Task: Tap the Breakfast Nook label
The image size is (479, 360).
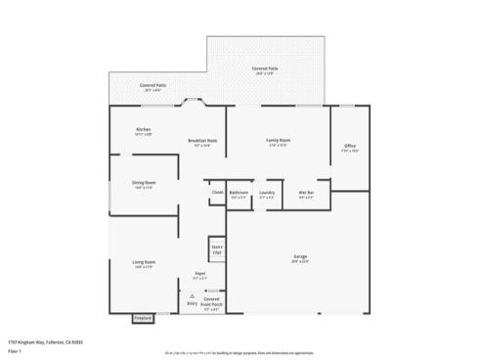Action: [x=202, y=142]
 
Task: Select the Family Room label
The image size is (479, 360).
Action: [x=279, y=141]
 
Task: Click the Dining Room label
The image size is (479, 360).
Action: [x=144, y=183]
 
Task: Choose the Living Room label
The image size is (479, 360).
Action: [x=144, y=262]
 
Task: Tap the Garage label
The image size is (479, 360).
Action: [x=299, y=257]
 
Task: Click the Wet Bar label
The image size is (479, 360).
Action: [x=306, y=194]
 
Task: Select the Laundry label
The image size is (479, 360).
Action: [x=267, y=194]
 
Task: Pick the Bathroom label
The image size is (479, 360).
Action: [x=239, y=194]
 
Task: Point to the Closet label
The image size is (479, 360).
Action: [x=217, y=193]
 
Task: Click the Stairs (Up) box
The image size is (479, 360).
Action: [x=216, y=248]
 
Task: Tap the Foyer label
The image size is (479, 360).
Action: [x=199, y=274]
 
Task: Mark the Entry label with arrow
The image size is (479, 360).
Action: [x=192, y=304]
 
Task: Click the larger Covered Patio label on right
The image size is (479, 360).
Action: [x=265, y=68]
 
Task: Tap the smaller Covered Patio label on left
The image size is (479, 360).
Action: [x=152, y=86]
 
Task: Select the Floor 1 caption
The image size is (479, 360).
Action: [x=15, y=349]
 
